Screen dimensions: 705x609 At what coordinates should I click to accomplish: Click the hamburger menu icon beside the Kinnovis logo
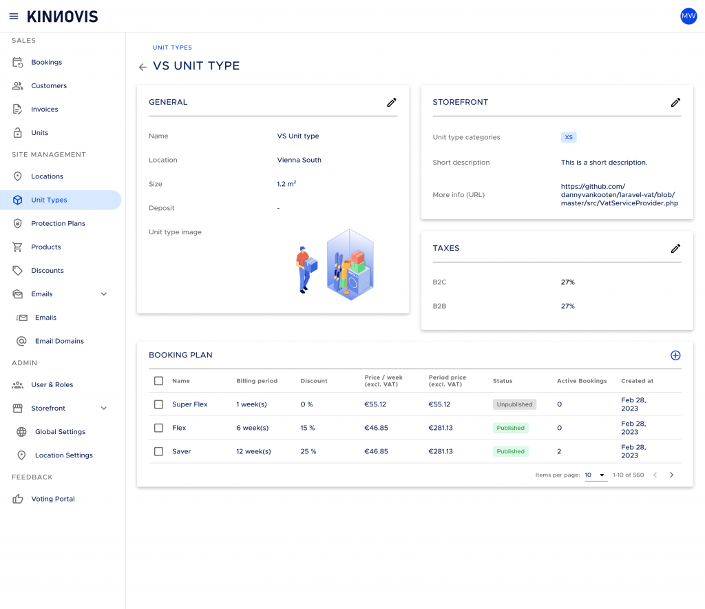pos(14,17)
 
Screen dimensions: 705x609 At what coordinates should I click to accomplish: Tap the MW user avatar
pos(688,17)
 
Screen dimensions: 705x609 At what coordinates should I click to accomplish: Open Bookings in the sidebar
pos(46,62)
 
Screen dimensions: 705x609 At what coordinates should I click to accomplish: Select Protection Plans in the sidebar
pos(58,223)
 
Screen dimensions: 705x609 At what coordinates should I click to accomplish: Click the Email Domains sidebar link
pos(59,341)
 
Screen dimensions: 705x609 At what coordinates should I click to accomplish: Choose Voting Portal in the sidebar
pos(52,499)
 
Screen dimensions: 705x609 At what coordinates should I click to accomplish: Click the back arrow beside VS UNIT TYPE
pos(143,67)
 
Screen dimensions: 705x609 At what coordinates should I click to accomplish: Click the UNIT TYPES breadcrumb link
pos(172,48)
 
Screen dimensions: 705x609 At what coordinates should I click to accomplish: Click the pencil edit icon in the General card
pos(392,103)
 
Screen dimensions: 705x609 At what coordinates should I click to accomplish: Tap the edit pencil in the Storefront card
pos(675,103)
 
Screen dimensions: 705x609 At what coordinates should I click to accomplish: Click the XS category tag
pos(569,137)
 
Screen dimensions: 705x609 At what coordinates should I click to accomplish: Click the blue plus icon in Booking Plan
pos(675,355)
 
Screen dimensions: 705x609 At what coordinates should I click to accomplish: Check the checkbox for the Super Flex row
pos(159,404)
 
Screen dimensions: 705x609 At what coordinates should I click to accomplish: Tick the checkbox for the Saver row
pos(159,451)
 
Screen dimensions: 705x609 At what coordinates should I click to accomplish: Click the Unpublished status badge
pos(514,404)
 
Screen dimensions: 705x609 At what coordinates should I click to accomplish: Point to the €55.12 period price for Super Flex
pos(439,404)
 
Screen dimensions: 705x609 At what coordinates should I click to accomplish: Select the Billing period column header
pos(257,381)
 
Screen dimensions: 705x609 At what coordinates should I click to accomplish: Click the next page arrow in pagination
pos(671,475)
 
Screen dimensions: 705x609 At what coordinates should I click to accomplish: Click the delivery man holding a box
pos(306,270)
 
